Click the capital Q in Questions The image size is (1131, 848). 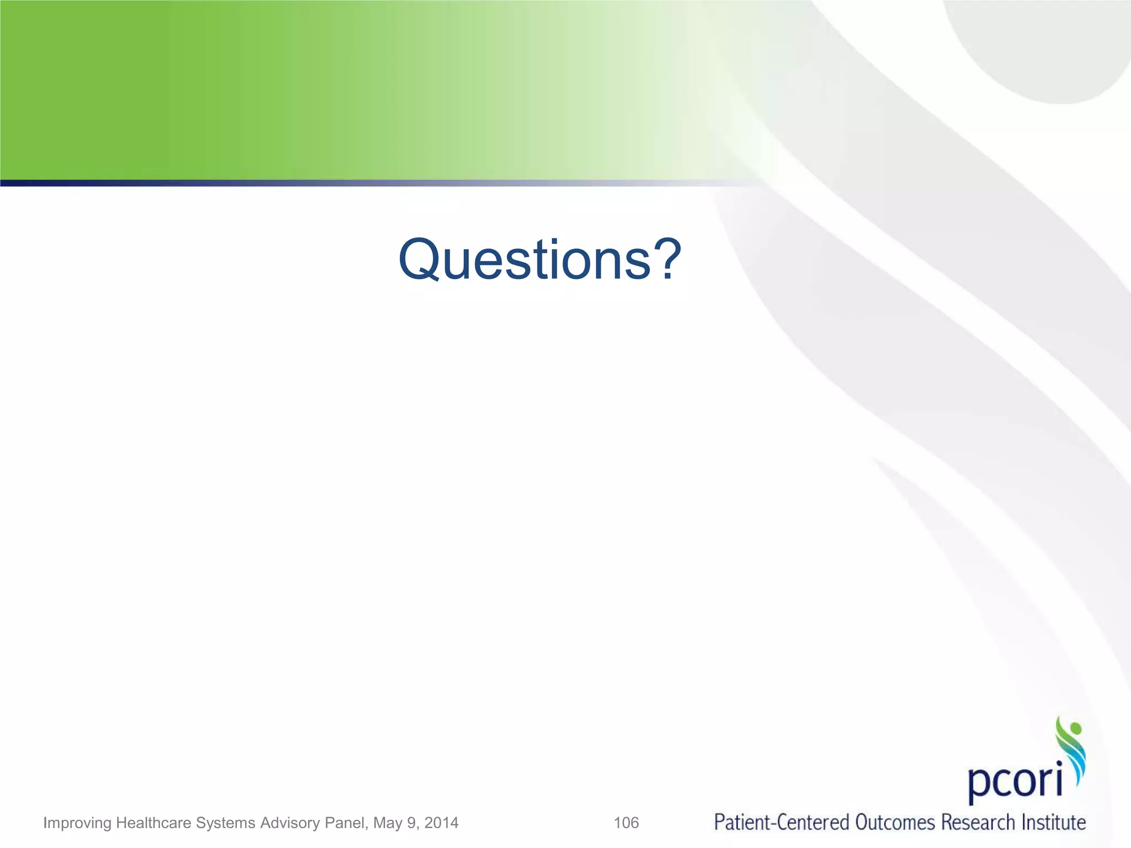[422, 259]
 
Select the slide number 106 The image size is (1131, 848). [626, 823]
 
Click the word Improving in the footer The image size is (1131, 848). [77, 823]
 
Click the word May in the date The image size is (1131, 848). [387, 823]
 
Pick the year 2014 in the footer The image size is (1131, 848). [441, 823]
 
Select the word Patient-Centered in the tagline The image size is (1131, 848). [781, 822]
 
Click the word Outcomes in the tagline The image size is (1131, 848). [895, 822]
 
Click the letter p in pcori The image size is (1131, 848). [979, 784]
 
